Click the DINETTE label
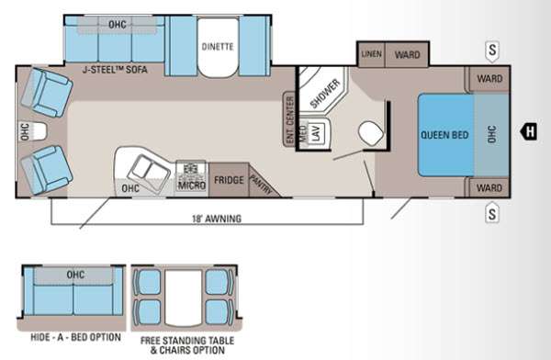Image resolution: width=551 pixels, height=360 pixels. pos(218,47)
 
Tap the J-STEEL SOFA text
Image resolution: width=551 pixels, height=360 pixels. pos(113,70)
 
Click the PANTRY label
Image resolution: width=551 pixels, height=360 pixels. pos(259,182)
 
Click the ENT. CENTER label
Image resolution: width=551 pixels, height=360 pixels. pos(290,115)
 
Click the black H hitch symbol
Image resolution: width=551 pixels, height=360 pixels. pos(530,132)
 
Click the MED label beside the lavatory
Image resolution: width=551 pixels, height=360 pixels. pos(301,134)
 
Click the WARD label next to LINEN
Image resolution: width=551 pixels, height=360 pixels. pos(407,54)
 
